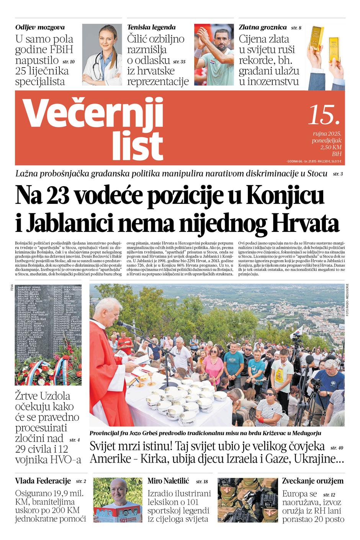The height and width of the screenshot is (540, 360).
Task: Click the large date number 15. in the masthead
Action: (324, 115)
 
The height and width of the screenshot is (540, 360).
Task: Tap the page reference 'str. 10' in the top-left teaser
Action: (69, 61)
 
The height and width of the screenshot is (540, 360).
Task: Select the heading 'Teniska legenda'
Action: (151, 27)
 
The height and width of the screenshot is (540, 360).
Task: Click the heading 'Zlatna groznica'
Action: (263, 27)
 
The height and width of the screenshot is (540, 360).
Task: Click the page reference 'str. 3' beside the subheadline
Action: (338, 174)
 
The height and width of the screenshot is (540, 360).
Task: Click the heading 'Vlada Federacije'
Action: (43, 481)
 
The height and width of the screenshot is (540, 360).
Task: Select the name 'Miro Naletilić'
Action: (168, 481)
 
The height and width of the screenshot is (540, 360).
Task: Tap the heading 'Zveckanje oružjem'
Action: (313, 481)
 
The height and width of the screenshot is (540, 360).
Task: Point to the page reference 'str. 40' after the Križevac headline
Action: (337, 448)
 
